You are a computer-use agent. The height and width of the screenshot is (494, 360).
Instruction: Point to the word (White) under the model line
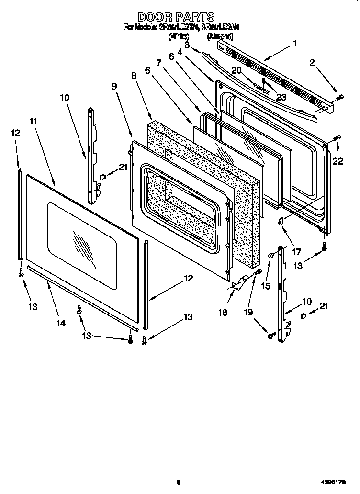(179, 36)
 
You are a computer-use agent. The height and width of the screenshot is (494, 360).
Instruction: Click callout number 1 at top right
(295, 43)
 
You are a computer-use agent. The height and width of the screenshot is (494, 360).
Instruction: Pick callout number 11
(33, 121)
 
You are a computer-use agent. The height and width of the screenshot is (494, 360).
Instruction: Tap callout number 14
(61, 323)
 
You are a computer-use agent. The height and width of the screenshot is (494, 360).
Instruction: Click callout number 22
(338, 161)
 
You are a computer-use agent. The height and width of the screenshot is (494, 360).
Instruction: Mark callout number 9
(114, 86)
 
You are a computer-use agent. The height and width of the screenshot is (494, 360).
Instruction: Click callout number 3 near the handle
(187, 45)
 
